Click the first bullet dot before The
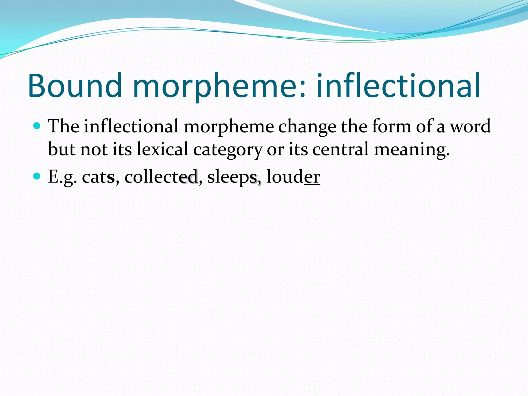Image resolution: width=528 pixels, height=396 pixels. tap(37, 126)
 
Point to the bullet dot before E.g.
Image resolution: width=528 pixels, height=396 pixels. tap(37, 176)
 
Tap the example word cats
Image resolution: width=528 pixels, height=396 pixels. tap(98, 177)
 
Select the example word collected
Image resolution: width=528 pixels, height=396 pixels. tap(161, 177)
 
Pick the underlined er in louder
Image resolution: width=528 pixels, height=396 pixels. tap(312, 177)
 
